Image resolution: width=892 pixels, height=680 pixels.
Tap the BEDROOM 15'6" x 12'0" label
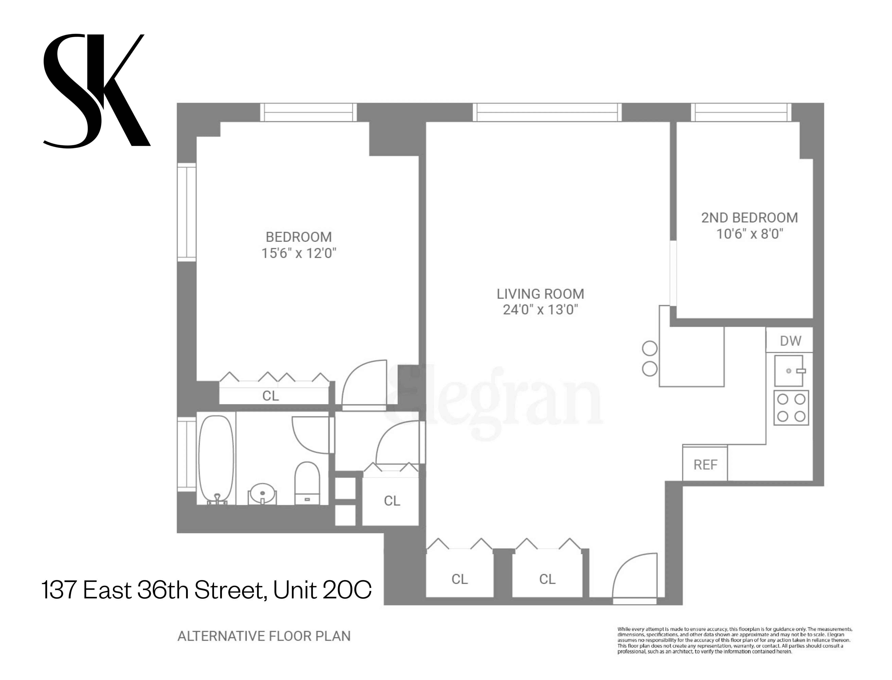(299, 245)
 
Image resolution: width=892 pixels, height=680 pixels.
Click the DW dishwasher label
(790, 341)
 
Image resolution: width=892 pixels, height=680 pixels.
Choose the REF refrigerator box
(705, 465)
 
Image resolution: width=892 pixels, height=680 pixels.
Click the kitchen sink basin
(788, 371)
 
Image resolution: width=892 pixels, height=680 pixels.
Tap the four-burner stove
(791, 408)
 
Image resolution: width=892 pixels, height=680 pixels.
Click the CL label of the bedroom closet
(271, 395)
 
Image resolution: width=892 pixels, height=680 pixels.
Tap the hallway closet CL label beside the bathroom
(392, 501)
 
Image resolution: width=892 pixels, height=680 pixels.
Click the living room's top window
(547, 112)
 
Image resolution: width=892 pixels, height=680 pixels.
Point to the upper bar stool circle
(650, 348)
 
